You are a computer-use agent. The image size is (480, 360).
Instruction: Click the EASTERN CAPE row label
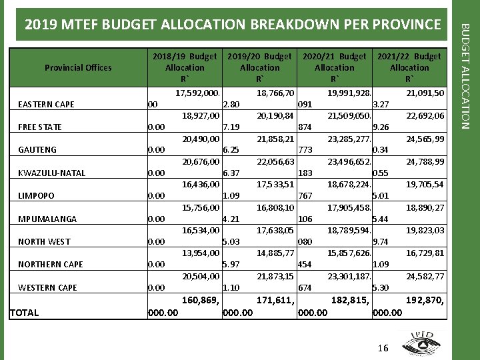point(46,105)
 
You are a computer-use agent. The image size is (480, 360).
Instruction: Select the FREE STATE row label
point(40,127)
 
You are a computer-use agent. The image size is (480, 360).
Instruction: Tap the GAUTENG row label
point(37,150)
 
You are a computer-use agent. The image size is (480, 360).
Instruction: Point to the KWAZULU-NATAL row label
point(52,173)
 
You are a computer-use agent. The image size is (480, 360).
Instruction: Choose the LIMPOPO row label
point(36,196)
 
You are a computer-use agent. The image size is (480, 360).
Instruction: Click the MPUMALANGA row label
point(47,219)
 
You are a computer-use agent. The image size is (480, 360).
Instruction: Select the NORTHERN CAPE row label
point(51,265)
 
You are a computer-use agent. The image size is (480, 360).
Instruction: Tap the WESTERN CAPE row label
point(47,288)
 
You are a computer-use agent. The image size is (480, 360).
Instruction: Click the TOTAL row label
point(24,313)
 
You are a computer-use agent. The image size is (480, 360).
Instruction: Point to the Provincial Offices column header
point(78,67)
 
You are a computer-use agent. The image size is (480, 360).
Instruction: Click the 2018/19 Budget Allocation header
point(185,67)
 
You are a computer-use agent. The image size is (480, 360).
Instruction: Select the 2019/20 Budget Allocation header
point(259,67)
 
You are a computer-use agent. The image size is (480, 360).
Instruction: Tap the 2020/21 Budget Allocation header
point(334,67)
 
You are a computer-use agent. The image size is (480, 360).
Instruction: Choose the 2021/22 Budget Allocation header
point(409,67)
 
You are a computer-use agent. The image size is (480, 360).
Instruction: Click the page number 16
point(382,348)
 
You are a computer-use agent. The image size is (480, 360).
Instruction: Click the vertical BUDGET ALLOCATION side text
point(467,75)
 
